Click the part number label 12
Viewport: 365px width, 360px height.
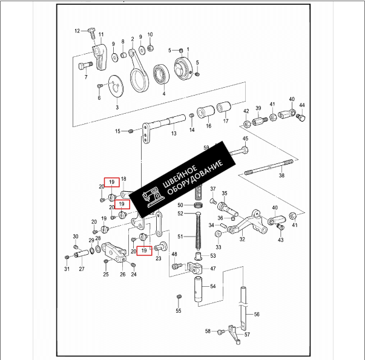(x=77, y=30)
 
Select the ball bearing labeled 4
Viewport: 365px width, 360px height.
(x=162, y=74)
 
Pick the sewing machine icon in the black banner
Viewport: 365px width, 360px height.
(x=151, y=195)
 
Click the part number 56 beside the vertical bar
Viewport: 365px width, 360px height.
(x=256, y=314)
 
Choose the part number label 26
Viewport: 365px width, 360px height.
(x=122, y=275)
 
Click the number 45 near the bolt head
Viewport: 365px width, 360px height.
(x=245, y=139)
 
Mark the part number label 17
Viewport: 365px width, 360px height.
(x=226, y=121)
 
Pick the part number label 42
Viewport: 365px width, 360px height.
(x=246, y=112)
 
